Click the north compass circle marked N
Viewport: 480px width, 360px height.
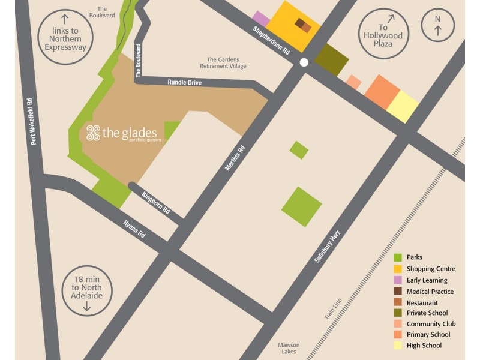(x=437, y=26)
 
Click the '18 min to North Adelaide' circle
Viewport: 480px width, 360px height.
(x=86, y=290)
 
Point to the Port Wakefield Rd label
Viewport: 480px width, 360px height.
(x=34, y=121)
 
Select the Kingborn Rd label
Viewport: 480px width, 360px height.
(x=156, y=203)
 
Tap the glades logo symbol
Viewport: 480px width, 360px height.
(x=93, y=133)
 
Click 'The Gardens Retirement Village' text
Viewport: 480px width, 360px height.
(x=226, y=62)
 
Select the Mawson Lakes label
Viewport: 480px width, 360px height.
(x=289, y=349)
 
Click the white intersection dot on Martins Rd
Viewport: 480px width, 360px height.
(x=304, y=62)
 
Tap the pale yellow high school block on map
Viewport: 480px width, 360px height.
(x=403, y=107)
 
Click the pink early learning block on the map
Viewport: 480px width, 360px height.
(x=261, y=19)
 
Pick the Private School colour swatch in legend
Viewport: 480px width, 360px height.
(x=397, y=313)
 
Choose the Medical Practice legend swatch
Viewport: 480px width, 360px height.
(x=397, y=292)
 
